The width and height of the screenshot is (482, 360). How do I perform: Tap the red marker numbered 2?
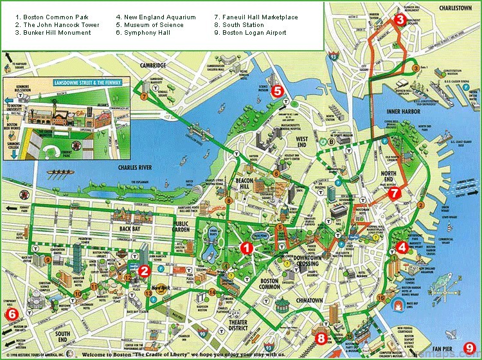click(x=145, y=271)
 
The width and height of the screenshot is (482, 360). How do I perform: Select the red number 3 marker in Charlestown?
click(x=400, y=20)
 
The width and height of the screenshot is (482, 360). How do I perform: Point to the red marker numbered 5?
click(x=277, y=91)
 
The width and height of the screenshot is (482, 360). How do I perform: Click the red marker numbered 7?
click(x=394, y=192)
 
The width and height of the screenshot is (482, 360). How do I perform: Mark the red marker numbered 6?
click(x=11, y=314)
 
